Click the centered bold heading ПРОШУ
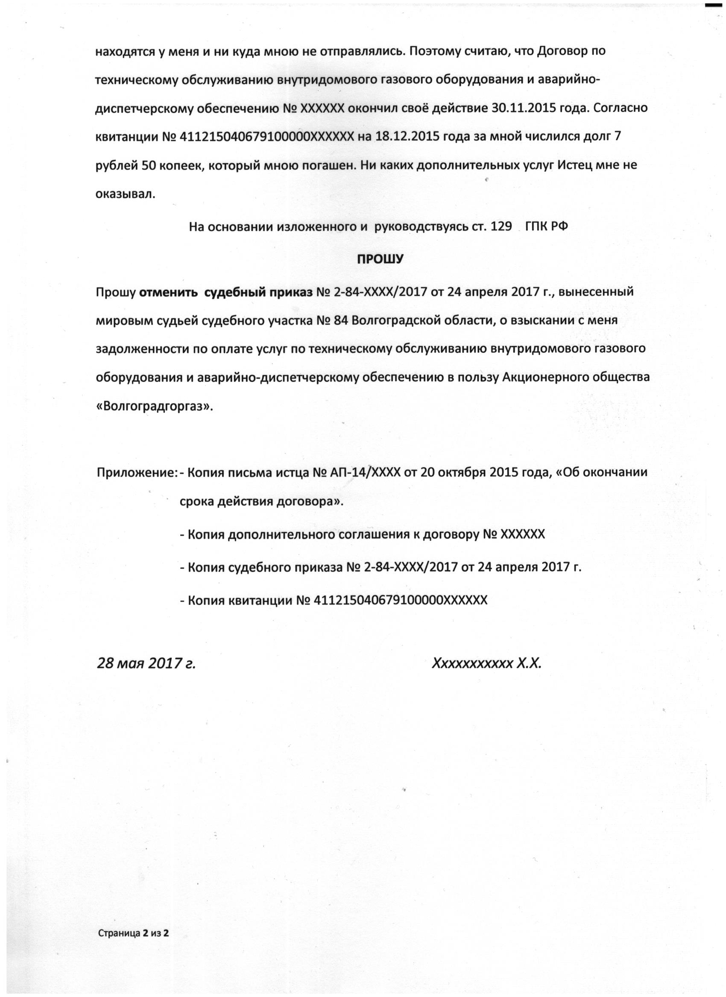tap(379, 259)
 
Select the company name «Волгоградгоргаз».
tap(154, 407)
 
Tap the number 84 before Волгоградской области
tap(341, 320)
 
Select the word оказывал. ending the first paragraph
tap(125, 194)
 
